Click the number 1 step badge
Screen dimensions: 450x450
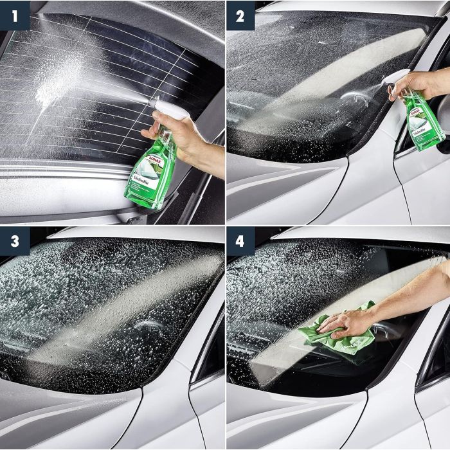(14, 15)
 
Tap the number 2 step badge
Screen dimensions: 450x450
(240, 15)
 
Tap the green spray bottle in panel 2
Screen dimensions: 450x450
(421, 122)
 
